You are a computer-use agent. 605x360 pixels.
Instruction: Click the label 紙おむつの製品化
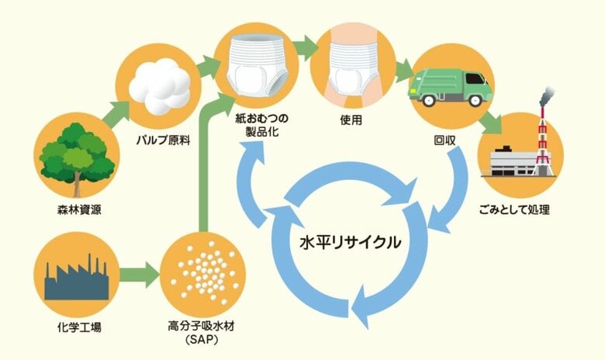tap(262, 127)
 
